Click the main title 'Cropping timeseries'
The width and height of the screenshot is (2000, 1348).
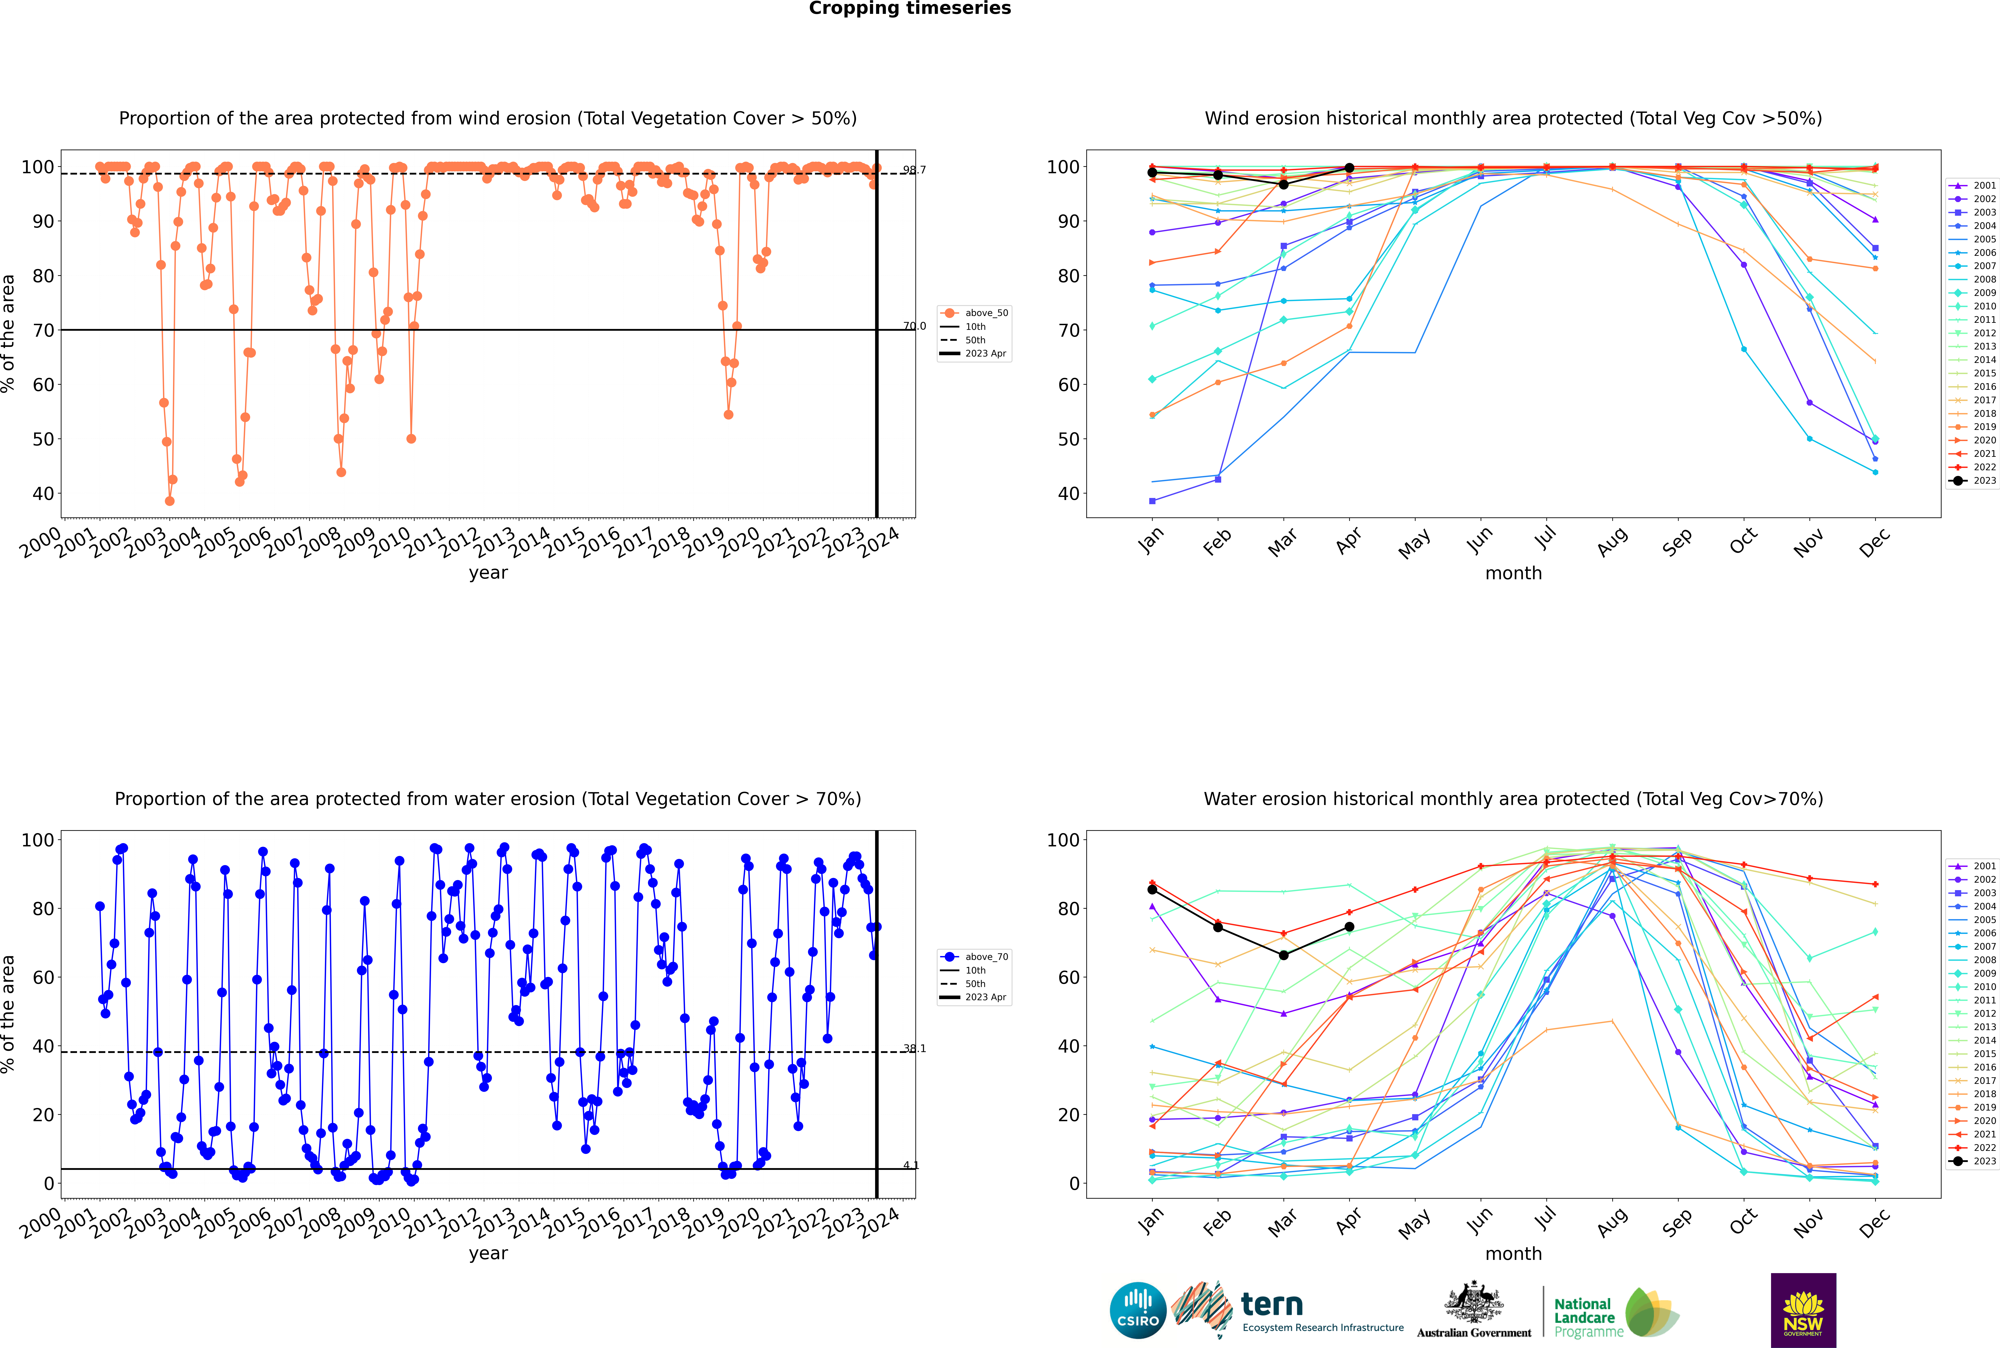tap(910, 9)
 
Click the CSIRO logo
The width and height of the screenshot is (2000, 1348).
tap(1138, 1311)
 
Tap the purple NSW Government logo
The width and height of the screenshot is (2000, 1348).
tap(1803, 1309)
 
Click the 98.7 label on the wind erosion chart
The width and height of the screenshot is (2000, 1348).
tap(914, 170)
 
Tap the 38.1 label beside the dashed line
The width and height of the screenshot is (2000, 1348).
tap(914, 1049)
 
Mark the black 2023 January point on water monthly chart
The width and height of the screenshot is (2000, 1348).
tap(1152, 890)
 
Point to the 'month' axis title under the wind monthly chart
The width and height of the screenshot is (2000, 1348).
tap(1513, 574)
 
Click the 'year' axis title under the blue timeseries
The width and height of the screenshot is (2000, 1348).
tap(488, 1253)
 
